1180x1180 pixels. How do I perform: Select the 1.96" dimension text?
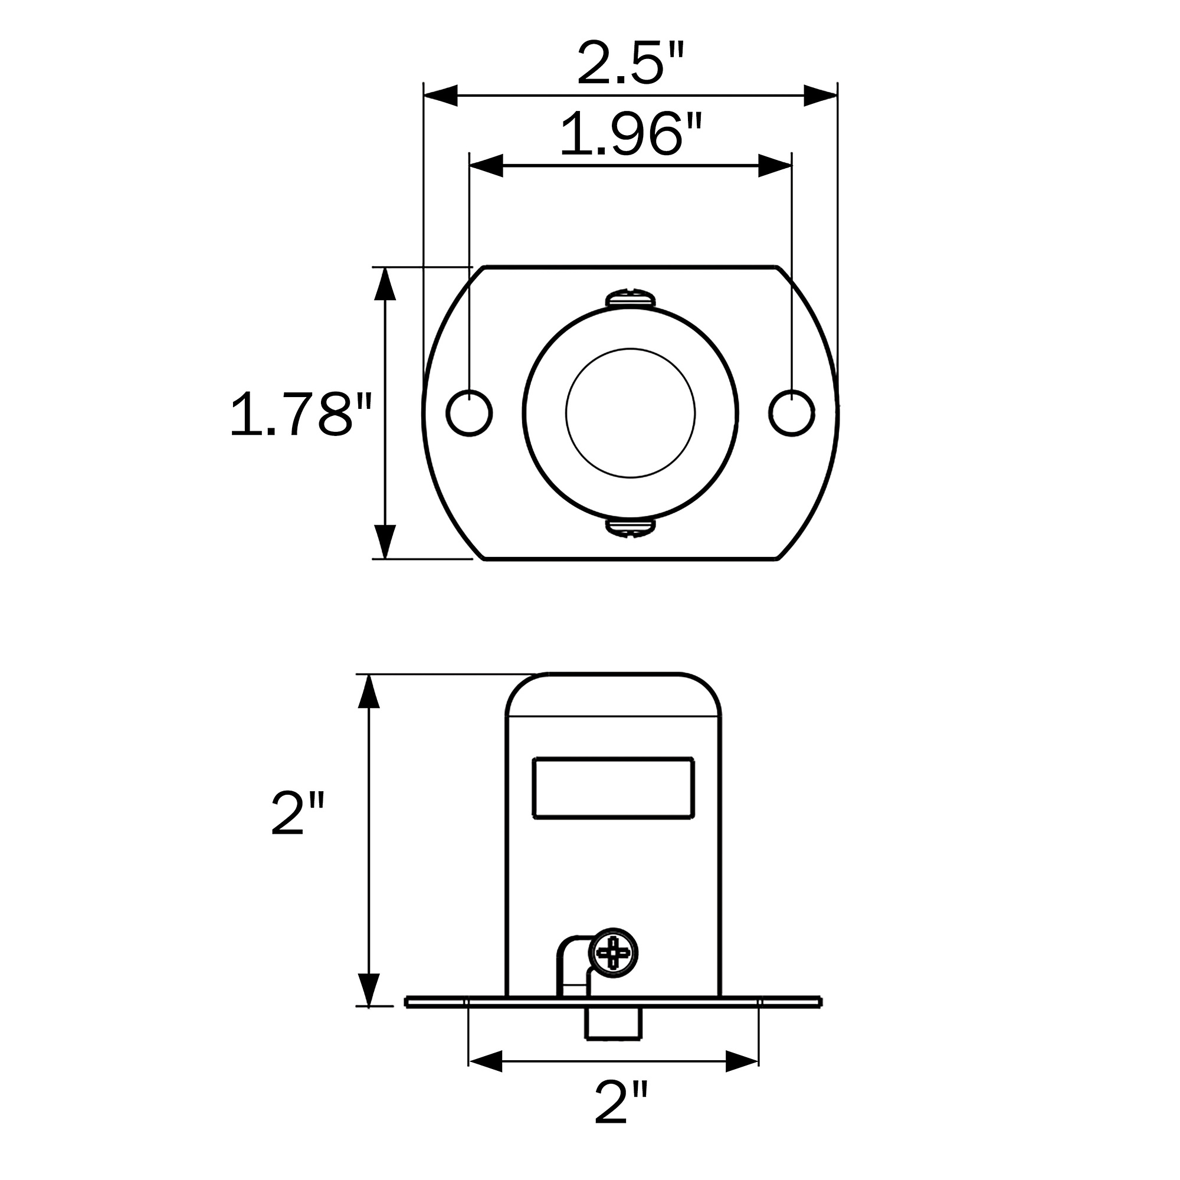coord(631,133)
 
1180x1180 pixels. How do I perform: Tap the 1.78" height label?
coord(300,415)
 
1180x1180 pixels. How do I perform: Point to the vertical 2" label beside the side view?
coord(297,813)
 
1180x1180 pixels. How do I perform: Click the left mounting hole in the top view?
coord(469,413)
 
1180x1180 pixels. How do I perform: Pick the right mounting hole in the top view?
coord(792,413)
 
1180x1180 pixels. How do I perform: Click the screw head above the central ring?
coord(630,297)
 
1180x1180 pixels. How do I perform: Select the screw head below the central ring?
coord(630,528)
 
